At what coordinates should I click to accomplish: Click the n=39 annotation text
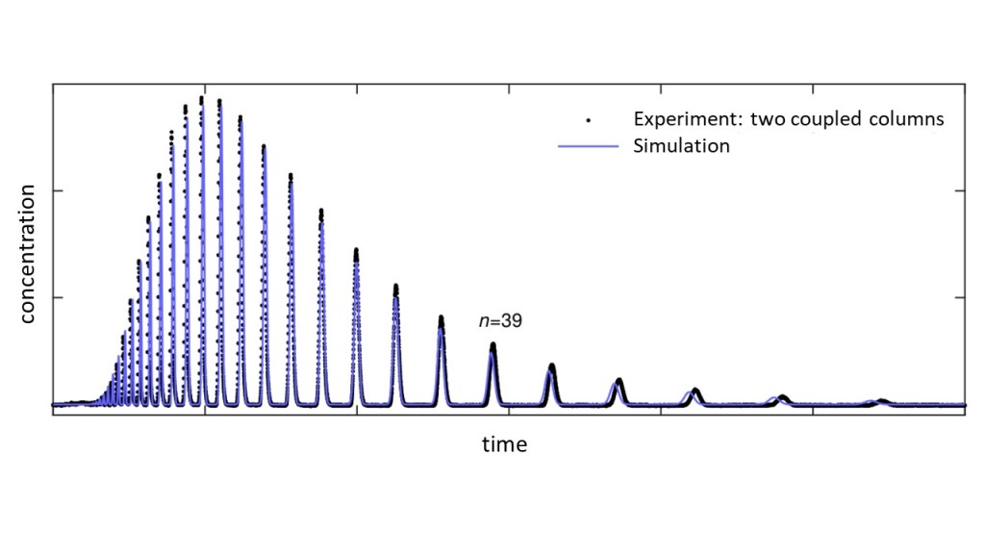[x=500, y=322]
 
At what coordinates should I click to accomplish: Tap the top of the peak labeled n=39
[x=492, y=345]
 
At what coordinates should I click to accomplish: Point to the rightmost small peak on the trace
[x=881, y=400]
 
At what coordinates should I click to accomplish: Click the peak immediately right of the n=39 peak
[x=552, y=366]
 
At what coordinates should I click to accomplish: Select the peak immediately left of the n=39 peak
[x=442, y=318]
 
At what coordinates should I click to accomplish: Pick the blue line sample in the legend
[x=587, y=147]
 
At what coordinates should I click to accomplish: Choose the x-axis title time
[x=504, y=444]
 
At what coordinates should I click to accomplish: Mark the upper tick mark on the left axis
[x=57, y=190]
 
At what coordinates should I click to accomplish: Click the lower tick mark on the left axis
[x=57, y=298]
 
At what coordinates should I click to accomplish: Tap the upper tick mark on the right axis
[x=960, y=190]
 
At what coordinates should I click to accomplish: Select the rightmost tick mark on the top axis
[x=813, y=88]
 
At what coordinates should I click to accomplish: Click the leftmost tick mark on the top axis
[x=205, y=88]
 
